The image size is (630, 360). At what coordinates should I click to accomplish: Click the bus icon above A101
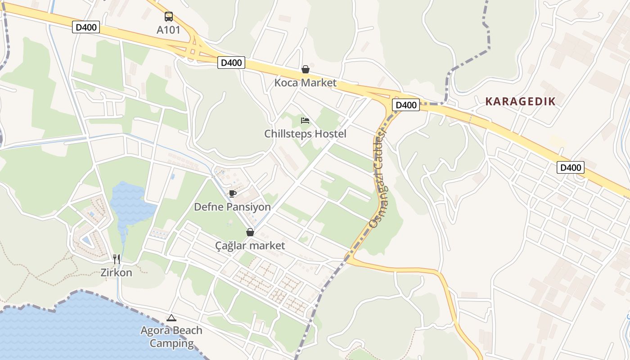click(168, 17)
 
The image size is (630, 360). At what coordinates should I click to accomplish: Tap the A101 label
click(168, 30)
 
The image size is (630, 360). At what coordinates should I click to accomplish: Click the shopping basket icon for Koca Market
click(306, 69)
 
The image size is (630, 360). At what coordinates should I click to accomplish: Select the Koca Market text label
click(306, 83)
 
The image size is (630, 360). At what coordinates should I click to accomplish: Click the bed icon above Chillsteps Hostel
click(305, 121)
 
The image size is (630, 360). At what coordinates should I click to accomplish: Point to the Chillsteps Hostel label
click(305, 134)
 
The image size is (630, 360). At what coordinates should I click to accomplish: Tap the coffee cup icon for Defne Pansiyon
click(232, 193)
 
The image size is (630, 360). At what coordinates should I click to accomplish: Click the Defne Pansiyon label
click(232, 207)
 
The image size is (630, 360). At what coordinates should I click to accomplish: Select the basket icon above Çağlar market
click(250, 232)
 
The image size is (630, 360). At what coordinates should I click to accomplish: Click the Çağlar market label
click(250, 246)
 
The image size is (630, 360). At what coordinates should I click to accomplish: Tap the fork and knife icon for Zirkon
click(117, 259)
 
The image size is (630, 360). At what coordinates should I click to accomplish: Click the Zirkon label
click(117, 273)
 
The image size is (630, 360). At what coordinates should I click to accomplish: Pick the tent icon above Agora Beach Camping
click(171, 318)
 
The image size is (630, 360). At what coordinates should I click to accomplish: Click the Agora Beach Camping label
click(171, 337)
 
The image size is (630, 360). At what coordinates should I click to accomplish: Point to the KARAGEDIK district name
click(521, 102)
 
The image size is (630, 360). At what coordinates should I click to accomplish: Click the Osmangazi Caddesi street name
click(378, 180)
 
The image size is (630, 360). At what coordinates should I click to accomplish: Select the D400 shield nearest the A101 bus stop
click(85, 27)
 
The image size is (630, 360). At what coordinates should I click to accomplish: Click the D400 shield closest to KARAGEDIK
click(405, 105)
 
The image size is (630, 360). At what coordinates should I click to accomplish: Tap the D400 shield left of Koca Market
click(231, 63)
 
